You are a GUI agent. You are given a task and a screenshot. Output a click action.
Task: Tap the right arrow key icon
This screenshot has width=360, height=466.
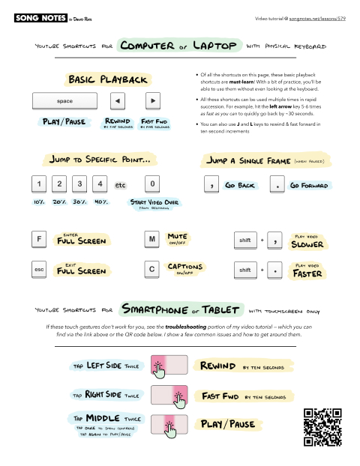coord(151,100)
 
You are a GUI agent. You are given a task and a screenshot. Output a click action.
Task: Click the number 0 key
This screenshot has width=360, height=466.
coord(152,183)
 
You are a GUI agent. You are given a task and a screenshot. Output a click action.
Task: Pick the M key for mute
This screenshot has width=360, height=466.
coord(151,240)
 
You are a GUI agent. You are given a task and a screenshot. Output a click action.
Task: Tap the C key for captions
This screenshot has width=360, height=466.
coord(151,268)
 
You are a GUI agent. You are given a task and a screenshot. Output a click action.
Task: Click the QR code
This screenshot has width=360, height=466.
coord(322,428)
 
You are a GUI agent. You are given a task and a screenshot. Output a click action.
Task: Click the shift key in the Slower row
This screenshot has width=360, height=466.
coord(244,240)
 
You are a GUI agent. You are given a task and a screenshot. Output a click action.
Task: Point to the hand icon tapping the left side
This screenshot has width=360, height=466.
coord(159,367)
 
